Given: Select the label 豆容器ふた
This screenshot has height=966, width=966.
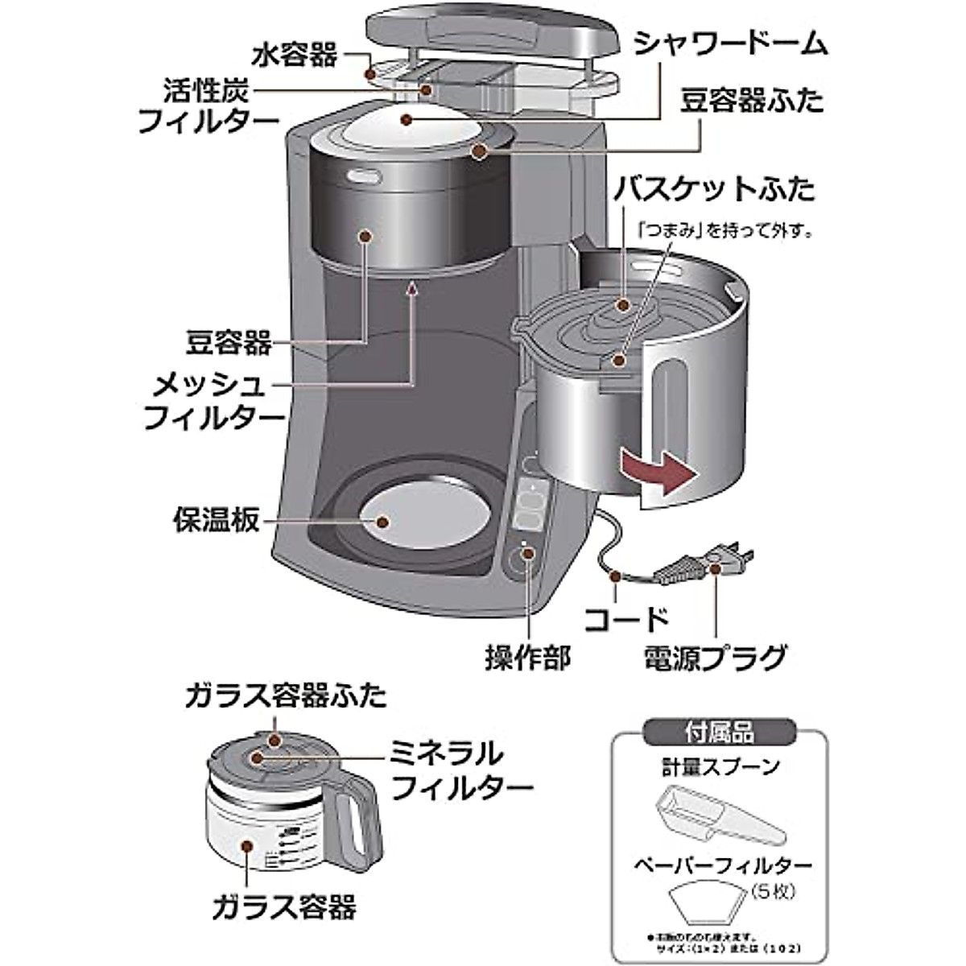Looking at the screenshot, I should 752,102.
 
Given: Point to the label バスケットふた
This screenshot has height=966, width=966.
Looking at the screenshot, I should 713,190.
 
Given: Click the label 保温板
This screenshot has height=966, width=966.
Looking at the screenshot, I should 217,519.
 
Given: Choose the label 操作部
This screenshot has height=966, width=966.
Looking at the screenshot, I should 527,658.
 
